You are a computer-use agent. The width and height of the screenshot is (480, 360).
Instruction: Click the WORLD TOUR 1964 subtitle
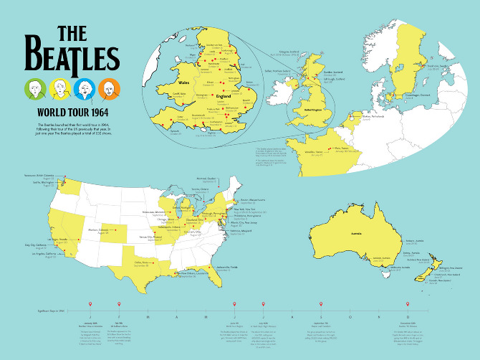click(72, 113)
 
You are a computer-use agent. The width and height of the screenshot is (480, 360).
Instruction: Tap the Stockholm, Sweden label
click(438, 65)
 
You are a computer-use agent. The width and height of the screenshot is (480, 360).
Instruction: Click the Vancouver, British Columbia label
click(43, 176)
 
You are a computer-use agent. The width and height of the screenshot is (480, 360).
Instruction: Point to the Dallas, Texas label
click(142, 262)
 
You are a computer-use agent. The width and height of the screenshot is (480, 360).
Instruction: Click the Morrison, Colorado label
click(97, 230)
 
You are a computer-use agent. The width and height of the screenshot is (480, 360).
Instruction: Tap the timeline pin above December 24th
click(408, 305)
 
